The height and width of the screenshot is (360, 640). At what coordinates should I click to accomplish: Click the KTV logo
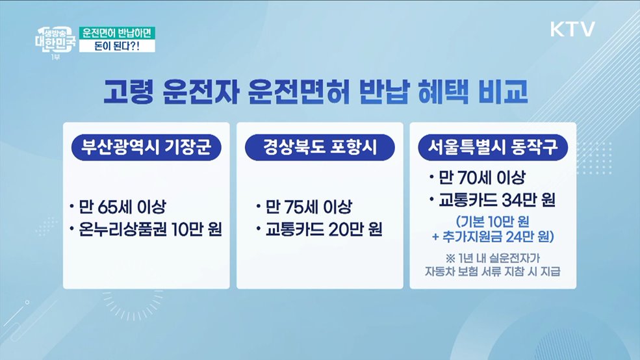(572, 29)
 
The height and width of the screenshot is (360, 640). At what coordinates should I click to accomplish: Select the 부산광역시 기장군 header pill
(146, 146)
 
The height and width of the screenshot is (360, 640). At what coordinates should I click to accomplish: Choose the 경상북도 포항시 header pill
(320, 146)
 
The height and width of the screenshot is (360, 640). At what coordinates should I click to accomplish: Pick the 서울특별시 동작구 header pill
(493, 146)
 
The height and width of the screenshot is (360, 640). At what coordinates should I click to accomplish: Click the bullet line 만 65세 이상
(121, 208)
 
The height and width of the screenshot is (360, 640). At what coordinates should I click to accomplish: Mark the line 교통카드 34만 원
(494, 199)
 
